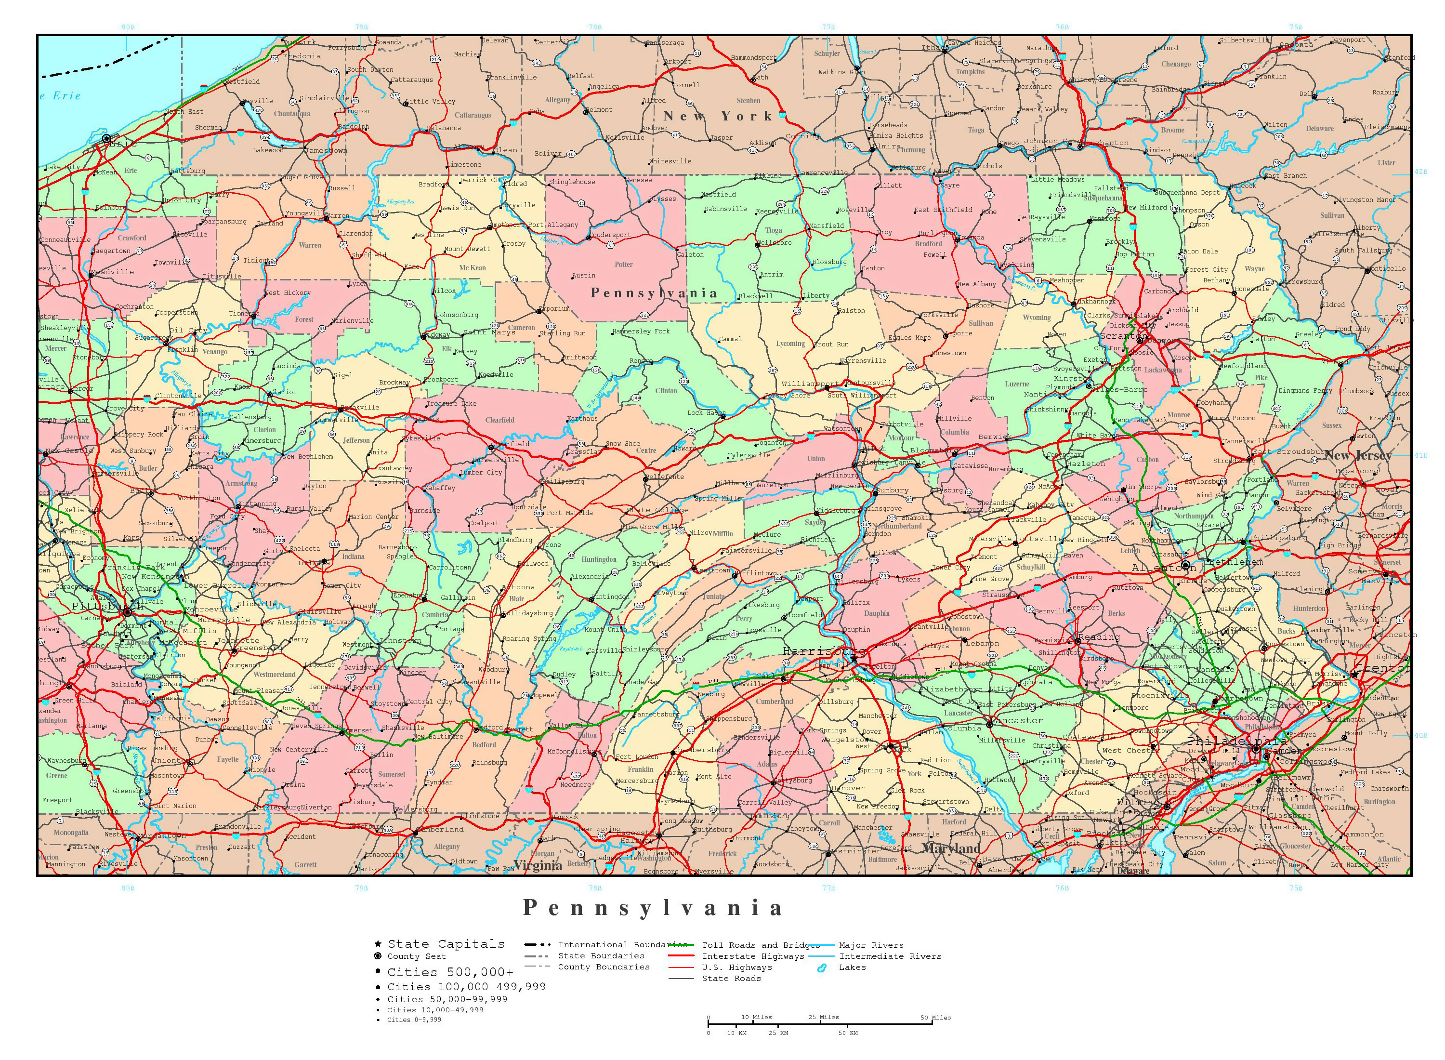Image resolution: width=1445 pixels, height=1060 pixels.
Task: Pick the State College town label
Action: pos(657,510)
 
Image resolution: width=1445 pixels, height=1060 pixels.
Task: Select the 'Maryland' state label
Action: pos(951,848)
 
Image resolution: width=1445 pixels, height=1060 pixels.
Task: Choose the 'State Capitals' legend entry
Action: pos(446,944)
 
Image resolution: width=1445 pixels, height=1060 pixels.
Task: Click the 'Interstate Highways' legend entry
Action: pos(753,956)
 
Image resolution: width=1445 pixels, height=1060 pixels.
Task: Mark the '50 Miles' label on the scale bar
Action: pos(936,1017)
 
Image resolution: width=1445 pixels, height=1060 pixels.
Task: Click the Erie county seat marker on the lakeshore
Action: pos(106,139)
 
